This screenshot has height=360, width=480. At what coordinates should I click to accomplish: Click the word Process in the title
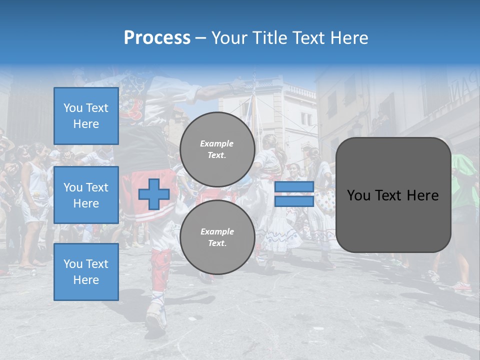157,37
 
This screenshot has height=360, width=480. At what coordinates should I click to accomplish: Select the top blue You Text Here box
86,116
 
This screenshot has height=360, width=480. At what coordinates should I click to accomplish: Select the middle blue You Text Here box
86,195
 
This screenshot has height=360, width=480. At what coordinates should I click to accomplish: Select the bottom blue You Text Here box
86,271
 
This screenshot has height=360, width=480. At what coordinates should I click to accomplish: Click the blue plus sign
154,194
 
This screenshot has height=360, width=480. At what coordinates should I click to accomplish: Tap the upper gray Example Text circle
217,149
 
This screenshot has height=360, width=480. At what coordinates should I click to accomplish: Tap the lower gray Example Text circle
217,237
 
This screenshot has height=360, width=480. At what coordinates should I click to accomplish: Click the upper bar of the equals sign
294,187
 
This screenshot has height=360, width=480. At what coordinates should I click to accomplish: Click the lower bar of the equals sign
294,201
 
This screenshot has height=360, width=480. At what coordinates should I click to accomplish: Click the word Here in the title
350,37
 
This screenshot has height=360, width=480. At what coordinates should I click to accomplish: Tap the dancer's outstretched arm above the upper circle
215,92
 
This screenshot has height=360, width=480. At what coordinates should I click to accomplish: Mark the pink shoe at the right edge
463,286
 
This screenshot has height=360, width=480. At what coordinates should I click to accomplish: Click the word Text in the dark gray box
393,195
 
